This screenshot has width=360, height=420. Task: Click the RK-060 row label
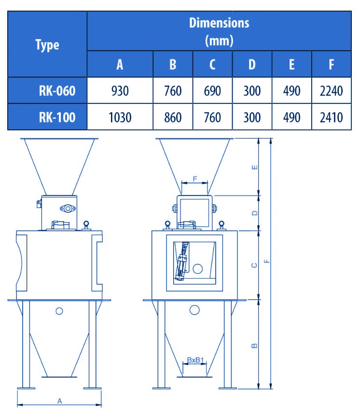click(x=57, y=91)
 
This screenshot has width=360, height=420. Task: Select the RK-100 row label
click(x=57, y=117)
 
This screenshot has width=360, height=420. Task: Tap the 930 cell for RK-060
click(x=120, y=91)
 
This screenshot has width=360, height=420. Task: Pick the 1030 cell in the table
click(x=120, y=117)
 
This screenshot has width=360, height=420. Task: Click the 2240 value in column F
click(x=332, y=91)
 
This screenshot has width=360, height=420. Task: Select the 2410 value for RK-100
click(x=332, y=117)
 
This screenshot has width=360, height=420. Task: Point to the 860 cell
click(x=173, y=117)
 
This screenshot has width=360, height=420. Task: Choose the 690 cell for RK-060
click(x=212, y=91)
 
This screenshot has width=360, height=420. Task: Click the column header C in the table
click(x=212, y=64)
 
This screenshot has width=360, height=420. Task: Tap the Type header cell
click(x=47, y=45)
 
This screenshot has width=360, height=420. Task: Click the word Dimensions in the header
click(x=219, y=23)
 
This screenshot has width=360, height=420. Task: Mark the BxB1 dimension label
click(x=195, y=360)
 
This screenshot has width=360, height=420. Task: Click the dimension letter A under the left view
click(x=60, y=401)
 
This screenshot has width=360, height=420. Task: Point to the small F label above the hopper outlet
click(x=195, y=179)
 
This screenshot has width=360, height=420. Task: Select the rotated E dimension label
click(x=255, y=168)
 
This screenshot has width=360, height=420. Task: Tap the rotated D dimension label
click(x=255, y=213)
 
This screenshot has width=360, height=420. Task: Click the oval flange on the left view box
click(x=68, y=209)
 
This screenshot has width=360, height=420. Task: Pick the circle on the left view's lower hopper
click(x=59, y=311)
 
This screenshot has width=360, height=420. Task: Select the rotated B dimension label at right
click(x=255, y=346)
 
